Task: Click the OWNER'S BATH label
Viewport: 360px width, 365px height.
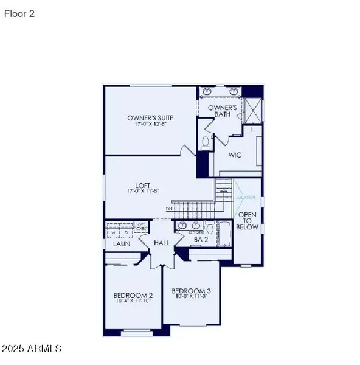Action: coord(221,111)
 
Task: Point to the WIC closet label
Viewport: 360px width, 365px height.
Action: coord(235,155)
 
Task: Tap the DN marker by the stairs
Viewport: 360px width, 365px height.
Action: coord(168,209)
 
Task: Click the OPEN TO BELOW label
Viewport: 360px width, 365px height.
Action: coord(248,221)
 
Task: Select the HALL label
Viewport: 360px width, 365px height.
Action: coord(161,242)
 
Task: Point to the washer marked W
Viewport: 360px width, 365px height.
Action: coord(113,232)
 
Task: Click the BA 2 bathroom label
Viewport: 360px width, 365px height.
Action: coord(201,240)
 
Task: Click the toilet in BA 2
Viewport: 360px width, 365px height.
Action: coord(209,229)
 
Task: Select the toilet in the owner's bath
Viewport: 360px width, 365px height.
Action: coord(206,144)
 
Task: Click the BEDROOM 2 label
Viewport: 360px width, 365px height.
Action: coord(133,296)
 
